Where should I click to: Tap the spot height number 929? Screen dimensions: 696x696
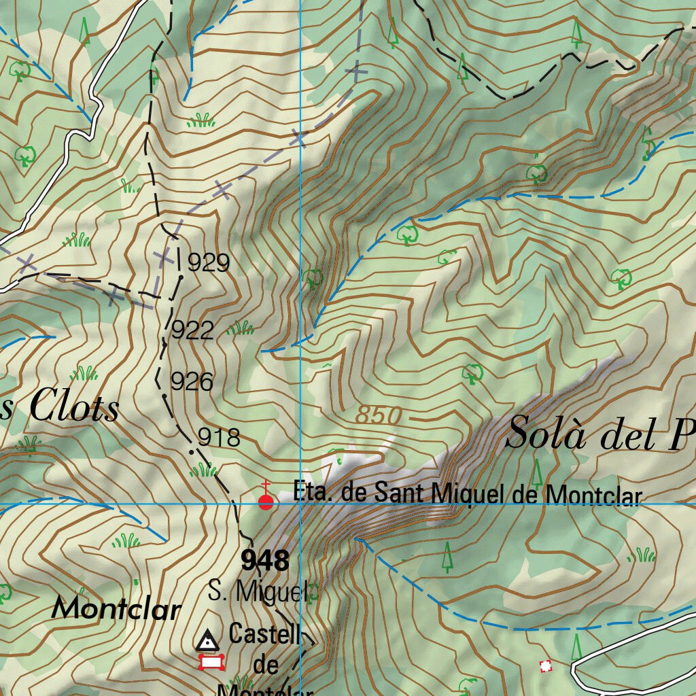(x=209, y=263)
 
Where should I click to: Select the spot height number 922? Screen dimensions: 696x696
(x=192, y=331)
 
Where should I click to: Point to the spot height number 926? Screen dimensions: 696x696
(x=192, y=382)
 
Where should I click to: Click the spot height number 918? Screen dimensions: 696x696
(x=219, y=438)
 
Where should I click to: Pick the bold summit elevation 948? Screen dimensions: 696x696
(x=265, y=561)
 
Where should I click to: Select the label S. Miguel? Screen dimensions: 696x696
(x=258, y=592)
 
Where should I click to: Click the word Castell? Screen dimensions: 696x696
(x=265, y=635)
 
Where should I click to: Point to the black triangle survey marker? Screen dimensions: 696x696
(x=207, y=640)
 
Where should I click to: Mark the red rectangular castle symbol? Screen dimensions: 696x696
(x=211, y=662)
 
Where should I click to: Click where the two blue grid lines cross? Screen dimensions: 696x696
(x=300, y=504)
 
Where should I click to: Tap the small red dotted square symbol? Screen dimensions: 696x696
(x=545, y=666)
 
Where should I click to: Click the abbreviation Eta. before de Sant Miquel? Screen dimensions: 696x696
(x=313, y=491)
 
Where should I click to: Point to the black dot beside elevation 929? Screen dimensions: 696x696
(x=181, y=277)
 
